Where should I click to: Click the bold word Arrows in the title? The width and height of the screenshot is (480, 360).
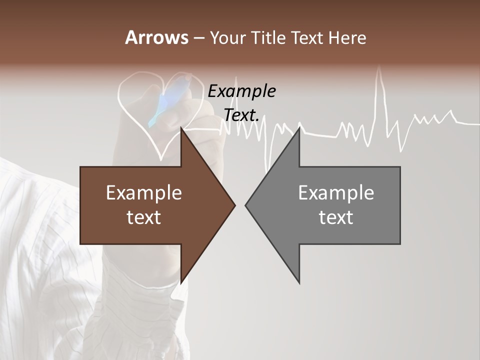coord(157,37)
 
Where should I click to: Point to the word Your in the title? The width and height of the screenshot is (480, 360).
coord(227,37)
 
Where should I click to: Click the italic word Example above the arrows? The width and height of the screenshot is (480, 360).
coord(241,91)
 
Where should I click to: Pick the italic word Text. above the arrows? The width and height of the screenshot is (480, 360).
coord(241,115)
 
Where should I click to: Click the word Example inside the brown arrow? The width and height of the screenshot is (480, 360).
coord(144,192)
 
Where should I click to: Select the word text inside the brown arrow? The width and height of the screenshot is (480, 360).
coord(144,217)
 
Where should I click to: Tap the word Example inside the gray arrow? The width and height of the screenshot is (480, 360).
coord(336,192)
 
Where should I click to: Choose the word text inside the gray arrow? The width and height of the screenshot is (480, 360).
coord(336,217)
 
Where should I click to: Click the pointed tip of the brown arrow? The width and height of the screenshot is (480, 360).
coord(235,205)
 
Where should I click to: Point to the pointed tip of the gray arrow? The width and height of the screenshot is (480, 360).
coord(245,205)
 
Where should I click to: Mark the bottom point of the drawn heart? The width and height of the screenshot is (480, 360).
coord(161,159)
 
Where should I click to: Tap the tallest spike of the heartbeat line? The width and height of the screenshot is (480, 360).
coord(380,67)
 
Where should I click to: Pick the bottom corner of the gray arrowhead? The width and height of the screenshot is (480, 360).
coord(299,283)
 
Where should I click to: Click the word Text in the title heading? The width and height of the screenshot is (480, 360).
coord(307,37)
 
